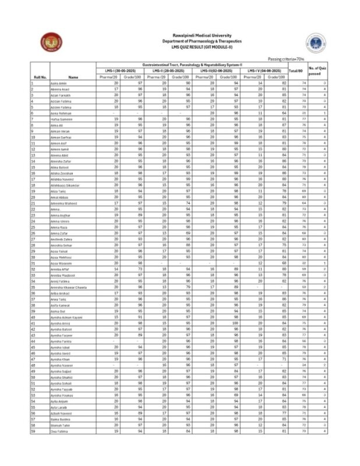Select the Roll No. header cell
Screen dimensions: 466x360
click(41, 76)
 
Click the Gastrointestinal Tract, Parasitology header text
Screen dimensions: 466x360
click(192, 65)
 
